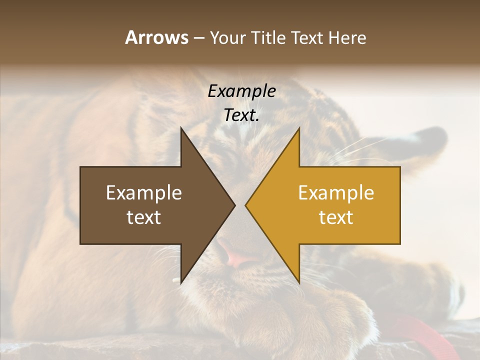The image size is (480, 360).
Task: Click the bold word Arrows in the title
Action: tap(156, 37)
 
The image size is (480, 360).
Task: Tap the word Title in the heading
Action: tap(268, 37)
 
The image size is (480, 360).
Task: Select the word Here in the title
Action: tap(347, 37)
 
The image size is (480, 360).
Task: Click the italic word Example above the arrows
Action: tap(241, 91)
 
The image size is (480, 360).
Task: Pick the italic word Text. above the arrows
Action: tap(241, 115)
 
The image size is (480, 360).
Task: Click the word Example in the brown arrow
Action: tap(143, 193)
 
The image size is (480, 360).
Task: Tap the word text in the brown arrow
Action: tap(143, 217)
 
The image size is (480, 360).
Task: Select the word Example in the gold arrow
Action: tap(336, 193)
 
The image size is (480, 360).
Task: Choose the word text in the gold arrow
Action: tap(336, 217)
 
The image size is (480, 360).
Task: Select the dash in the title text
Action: tap(198, 38)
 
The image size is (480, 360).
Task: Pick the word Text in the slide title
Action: tap(307, 37)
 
